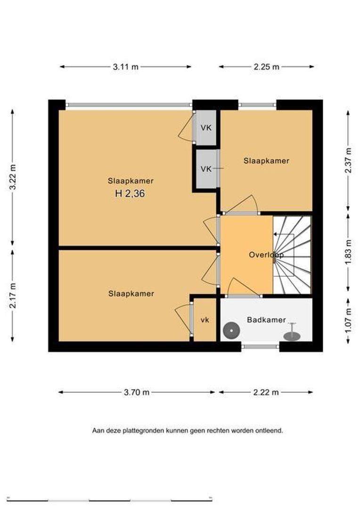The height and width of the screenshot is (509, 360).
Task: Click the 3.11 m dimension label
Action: pyautogui.click(x=126, y=67)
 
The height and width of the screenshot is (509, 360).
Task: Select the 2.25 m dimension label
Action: pyautogui.click(x=266, y=67)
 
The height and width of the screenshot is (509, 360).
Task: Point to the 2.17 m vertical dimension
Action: pyautogui.click(x=13, y=296)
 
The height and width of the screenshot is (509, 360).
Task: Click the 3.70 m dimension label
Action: pyautogui.click(x=137, y=392)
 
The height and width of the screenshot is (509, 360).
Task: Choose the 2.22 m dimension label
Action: pyautogui.click(x=266, y=392)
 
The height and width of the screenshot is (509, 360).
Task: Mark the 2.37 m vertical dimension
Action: pyautogui.click(x=348, y=161)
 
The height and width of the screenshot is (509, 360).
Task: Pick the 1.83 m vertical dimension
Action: pyautogui.click(x=348, y=252)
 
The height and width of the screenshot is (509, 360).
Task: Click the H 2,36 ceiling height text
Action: pyautogui.click(x=130, y=194)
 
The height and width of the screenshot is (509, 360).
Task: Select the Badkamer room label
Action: pyautogui.click(x=267, y=320)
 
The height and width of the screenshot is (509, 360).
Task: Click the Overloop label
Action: pyautogui.click(x=266, y=255)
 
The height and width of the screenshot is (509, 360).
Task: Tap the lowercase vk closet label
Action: pyautogui.click(x=205, y=320)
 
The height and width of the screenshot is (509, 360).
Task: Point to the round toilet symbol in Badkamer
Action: pyautogui.click(x=231, y=331)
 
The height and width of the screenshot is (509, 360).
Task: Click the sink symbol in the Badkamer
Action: pyautogui.click(x=292, y=333)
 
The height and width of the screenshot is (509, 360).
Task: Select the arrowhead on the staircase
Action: pyautogui.click(x=275, y=234)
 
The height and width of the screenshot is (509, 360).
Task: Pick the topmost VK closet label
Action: pyautogui.click(x=206, y=128)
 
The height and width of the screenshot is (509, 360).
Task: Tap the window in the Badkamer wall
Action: pyautogui.click(x=261, y=346)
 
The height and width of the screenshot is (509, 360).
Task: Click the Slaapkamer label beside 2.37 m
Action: pyautogui.click(x=267, y=160)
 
